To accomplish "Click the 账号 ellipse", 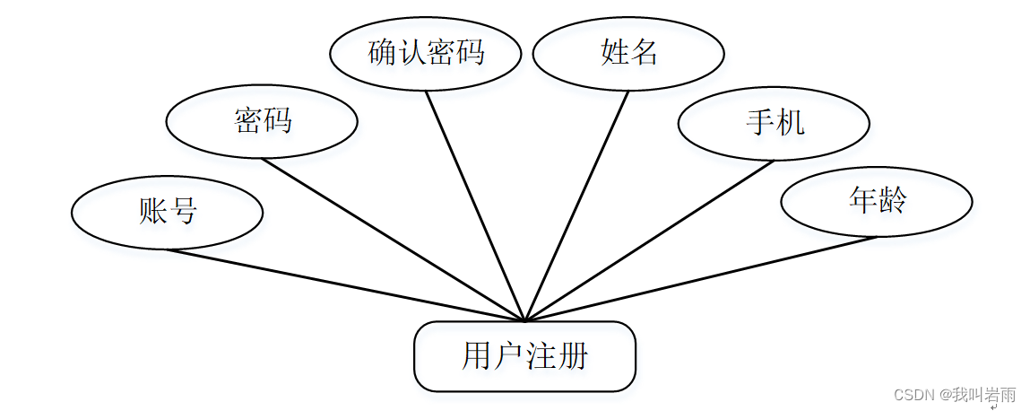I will point(168,212).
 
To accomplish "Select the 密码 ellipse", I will point(263,121).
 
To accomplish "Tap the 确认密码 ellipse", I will point(426,53).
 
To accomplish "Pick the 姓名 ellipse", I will point(628,53).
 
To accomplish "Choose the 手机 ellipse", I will point(774,122).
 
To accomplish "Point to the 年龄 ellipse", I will point(876,200).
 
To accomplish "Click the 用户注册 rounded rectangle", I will point(524,356).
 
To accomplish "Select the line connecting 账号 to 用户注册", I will point(345,284).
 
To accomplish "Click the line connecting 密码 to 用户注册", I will point(394,239).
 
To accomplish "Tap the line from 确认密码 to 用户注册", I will point(475,205).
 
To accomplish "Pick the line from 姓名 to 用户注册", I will point(577,205).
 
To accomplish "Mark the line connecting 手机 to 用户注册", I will point(650,240).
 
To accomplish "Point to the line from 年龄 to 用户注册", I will point(701,278).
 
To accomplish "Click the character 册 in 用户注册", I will point(573,356).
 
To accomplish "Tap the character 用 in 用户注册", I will point(476,356).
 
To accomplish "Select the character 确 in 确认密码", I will point(382,53).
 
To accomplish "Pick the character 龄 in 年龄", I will point(891,200).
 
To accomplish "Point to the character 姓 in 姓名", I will point(614,53).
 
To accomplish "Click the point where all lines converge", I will point(525,319).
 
